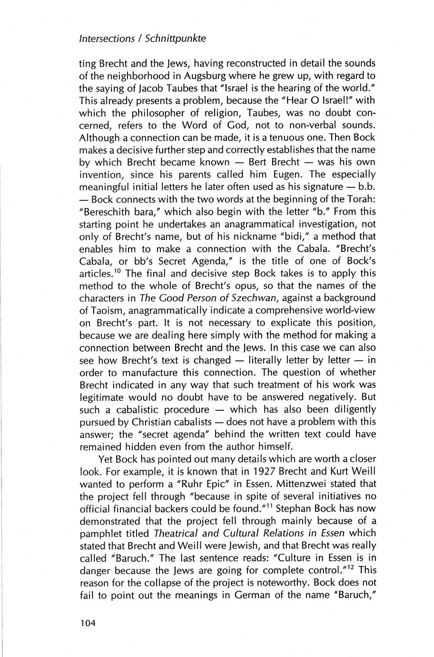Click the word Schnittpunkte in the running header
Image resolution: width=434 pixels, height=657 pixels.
tap(176, 39)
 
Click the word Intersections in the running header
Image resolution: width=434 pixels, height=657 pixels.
tap(107, 39)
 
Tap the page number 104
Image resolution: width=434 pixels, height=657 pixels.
tap(89, 623)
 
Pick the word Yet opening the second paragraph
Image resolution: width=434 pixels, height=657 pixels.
tap(106, 459)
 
